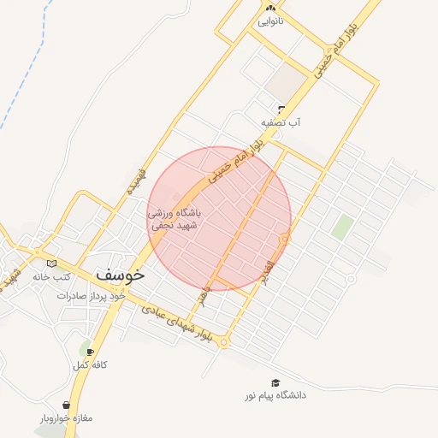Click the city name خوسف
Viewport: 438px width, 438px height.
121,275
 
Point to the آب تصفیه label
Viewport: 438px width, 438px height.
281,122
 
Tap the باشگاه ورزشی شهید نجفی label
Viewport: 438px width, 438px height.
175,219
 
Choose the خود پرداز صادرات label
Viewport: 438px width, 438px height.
92,295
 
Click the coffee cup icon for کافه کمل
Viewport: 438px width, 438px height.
90,352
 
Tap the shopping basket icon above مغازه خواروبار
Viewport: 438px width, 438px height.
67,405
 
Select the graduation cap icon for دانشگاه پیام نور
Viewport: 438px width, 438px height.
275,383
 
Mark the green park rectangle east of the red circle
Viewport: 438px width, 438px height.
342,227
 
